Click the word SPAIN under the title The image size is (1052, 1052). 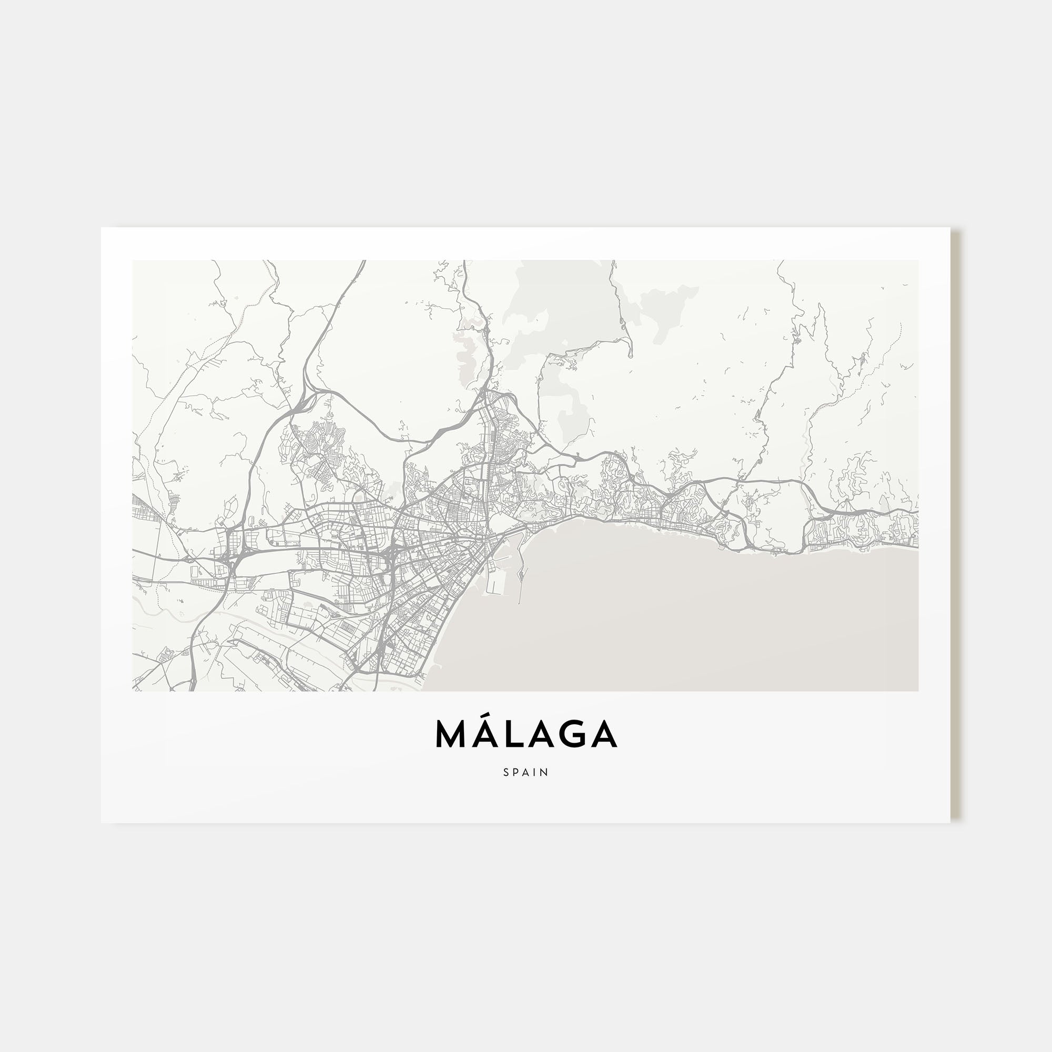click(526, 772)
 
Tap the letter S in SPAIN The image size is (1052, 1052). click(507, 772)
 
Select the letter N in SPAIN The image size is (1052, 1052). click(545, 772)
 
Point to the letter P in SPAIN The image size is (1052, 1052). click(516, 772)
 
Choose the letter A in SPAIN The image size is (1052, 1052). click(527, 772)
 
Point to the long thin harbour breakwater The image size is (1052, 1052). click(522, 577)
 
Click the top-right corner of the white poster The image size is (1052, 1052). click(949, 228)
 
